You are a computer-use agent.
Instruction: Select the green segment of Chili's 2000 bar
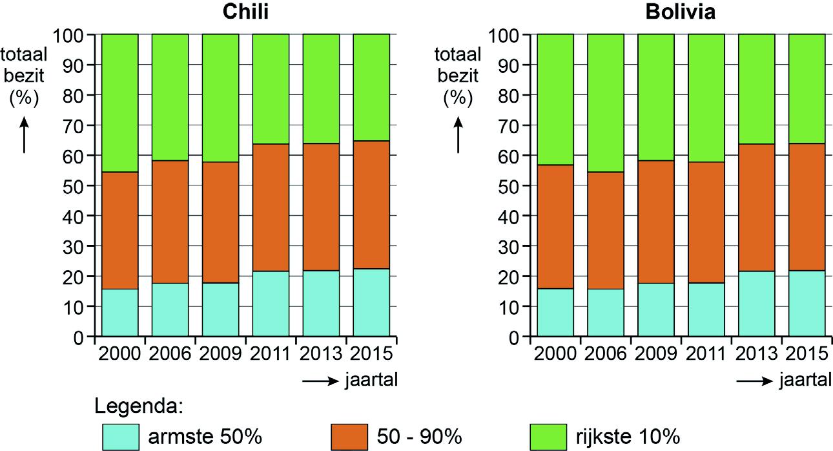point(120,103)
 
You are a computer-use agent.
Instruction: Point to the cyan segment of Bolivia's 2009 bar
point(655,310)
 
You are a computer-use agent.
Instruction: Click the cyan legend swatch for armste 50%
point(120,436)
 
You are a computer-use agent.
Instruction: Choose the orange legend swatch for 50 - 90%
point(349,436)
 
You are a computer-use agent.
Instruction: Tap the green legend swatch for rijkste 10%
point(548,436)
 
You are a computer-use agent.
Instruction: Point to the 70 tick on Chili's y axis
point(77,125)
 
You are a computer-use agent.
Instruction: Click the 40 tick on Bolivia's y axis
point(513,216)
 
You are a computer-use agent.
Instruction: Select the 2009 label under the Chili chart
point(220,353)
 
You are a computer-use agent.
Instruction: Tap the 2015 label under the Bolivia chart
point(807,353)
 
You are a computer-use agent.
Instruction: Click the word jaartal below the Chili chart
point(371,381)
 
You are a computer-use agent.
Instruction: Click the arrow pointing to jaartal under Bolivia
point(754,381)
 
